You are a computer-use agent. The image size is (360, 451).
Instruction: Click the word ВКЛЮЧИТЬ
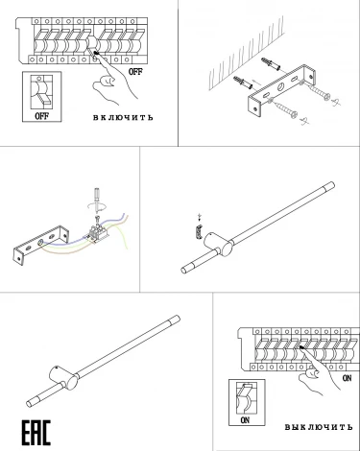point(124,119)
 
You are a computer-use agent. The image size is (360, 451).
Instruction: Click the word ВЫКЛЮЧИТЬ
point(319,426)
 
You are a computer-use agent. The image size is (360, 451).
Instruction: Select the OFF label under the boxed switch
point(41,116)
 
